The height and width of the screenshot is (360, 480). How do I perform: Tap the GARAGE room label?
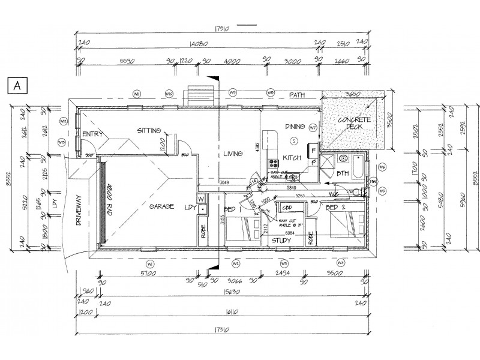162,206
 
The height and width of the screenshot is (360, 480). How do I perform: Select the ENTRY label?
94,134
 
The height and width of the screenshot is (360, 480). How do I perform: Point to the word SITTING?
149,130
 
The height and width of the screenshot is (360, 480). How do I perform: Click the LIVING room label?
233,154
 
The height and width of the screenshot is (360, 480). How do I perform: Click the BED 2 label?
337,207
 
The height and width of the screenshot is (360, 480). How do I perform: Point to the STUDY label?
281,241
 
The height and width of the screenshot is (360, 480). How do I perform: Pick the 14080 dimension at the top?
198,43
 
